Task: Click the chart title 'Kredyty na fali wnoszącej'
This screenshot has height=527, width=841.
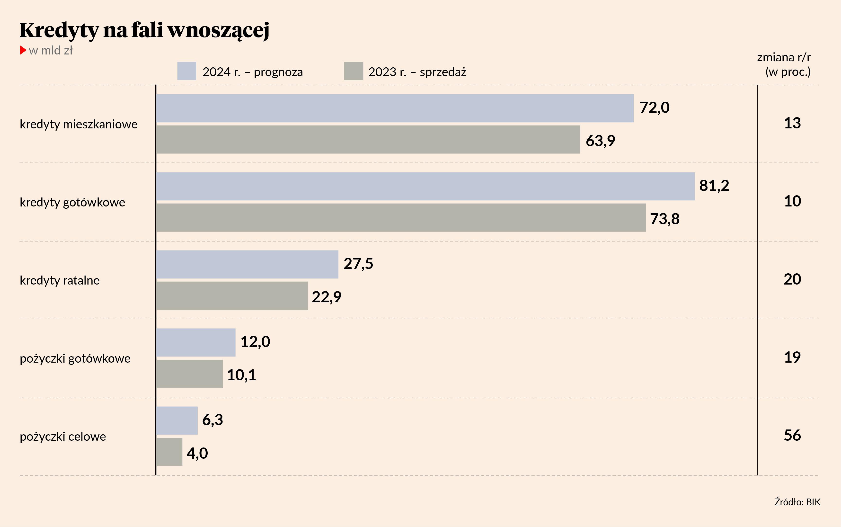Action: point(144,30)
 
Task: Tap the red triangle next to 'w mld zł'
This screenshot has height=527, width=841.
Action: point(23,50)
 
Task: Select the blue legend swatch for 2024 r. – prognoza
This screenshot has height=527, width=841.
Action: point(186,71)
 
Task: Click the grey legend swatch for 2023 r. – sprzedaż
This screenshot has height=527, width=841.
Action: point(353,71)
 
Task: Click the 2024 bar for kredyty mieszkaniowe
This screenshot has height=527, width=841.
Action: point(394,108)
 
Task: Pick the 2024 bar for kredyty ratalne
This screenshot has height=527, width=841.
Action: point(247,264)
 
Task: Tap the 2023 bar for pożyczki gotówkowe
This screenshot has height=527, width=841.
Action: point(189,374)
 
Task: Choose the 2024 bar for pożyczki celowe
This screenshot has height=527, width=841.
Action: point(177,420)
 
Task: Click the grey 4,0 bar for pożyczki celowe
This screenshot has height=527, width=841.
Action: point(169,452)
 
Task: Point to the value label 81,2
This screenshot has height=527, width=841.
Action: point(714,185)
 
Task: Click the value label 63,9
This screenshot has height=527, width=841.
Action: point(600,141)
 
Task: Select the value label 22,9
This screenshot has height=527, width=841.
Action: point(327,297)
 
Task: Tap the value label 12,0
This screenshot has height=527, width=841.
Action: point(255,342)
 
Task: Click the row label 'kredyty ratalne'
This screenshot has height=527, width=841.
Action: point(60,280)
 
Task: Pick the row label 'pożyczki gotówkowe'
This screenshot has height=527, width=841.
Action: point(75,358)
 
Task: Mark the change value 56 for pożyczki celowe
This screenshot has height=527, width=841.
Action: point(792,435)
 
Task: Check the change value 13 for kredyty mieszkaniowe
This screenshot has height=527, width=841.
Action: point(792,123)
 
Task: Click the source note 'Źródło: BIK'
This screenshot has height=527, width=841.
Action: point(797,502)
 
